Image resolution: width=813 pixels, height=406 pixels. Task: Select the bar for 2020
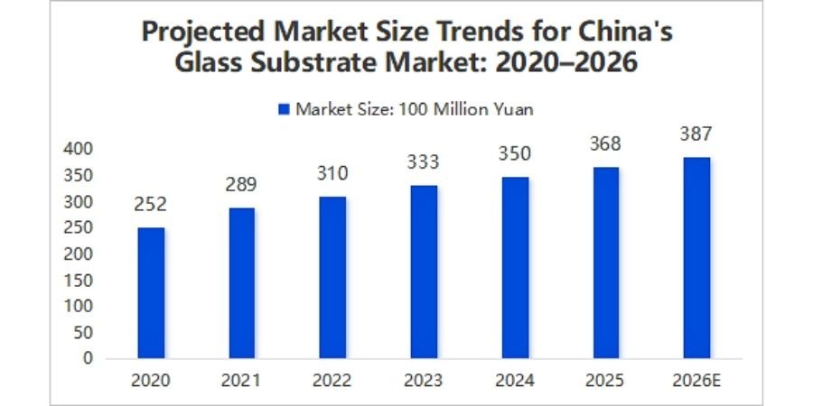coord(151,292)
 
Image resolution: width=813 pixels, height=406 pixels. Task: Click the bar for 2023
coord(424,272)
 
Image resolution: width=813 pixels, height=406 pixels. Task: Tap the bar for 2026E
coord(696,258)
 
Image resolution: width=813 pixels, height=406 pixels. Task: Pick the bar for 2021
coord(241,282)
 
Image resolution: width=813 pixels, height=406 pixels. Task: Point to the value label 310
coord(332,173)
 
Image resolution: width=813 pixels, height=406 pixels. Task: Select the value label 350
coord(515,155)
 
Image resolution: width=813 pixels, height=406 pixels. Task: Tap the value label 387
coord(696,134)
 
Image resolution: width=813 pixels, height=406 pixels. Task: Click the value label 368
coord(605,144)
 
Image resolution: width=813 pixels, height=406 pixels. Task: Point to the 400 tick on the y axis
coord(81,149)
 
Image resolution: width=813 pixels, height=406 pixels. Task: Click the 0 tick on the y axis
coord(88,358)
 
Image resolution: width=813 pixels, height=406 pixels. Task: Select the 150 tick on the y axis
coord(81,280)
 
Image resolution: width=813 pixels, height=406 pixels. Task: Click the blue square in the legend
coord(284,110)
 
